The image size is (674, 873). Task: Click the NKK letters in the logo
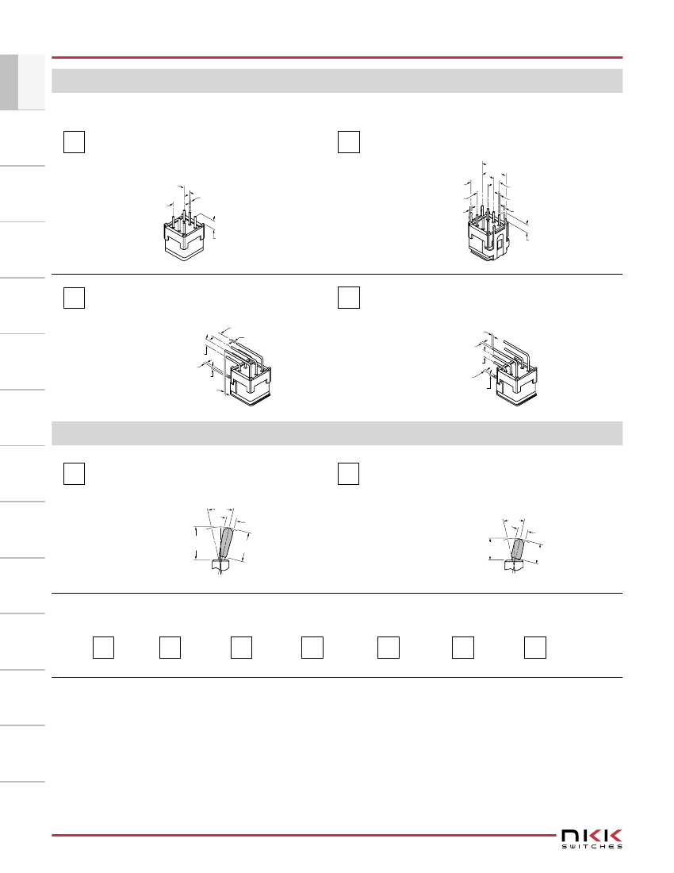[x=592, y=835]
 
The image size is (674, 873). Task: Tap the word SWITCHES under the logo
[x=592, y=846]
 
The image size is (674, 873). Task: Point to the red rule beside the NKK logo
[x=304, y=835]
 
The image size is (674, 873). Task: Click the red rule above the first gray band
[x=337, y=57]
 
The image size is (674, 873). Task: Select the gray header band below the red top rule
[x=337, y=81]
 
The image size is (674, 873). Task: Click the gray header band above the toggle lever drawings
[x=337, y=433]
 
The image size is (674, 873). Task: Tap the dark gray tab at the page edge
[x=9, y=82]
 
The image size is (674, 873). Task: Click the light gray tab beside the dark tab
[x=32, y=82]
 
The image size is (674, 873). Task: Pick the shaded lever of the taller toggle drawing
[x=226, y=543]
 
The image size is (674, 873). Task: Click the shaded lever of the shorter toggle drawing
[x=518, y=549]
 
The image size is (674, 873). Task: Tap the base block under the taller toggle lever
[x=220, y=564]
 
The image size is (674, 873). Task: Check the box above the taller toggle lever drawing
[x=74, y=474]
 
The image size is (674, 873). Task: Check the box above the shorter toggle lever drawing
[x=349, y=474]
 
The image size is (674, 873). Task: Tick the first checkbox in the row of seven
[x=103, y=648]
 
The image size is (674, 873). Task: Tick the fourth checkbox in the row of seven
[x=312, y=648]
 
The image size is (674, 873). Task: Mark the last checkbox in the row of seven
[x=535, y=648]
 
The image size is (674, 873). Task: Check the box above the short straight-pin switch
[x=74, y=142]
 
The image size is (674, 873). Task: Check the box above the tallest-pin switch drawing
[x=349, y=142]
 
